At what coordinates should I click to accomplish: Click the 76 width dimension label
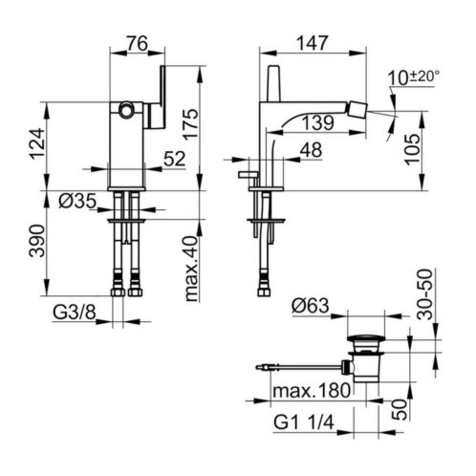tap(138, 43)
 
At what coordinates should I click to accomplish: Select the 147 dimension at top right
tap(313, 43)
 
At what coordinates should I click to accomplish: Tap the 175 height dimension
tap(191, 124)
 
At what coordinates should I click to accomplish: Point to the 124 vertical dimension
tap(36, 143)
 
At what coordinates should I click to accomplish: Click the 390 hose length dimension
tap(36, 241)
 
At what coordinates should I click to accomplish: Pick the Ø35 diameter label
tap(77, 201)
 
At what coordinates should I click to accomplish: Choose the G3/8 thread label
tap(75, 313)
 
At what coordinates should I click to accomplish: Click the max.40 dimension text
tap(192, 269)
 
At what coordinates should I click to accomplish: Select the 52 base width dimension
tap(175, 159)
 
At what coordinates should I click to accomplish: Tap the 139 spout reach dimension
tap(318, 122)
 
